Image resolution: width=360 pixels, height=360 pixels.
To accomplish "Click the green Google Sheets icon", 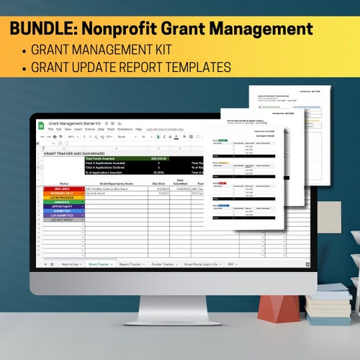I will click(x=44, y=125).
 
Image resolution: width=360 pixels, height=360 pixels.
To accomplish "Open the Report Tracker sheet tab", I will click(x=133, y=264).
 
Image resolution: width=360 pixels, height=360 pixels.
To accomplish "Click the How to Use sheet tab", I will click(x=70, y=264).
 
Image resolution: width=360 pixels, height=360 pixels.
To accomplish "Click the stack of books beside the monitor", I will click(x=328, y=302).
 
